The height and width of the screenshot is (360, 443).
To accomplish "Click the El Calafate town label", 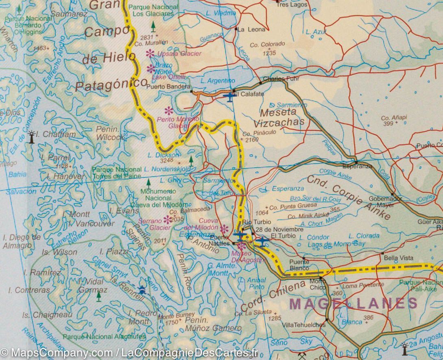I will click(x=249, y=94).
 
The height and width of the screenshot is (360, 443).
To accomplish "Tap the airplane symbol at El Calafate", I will click(x=229, y=97).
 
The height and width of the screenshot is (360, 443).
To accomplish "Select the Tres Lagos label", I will click(x=292, y=5).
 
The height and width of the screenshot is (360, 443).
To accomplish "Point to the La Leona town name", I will click(x=251, y=29).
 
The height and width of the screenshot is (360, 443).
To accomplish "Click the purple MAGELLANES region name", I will click(x=353, y=303).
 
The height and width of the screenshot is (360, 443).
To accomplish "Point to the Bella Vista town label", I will click(x=398, y=258).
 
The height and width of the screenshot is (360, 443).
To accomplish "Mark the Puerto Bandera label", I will click(x=168, y=86).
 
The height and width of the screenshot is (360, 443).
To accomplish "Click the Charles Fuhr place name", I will click(x=278, y=79).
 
